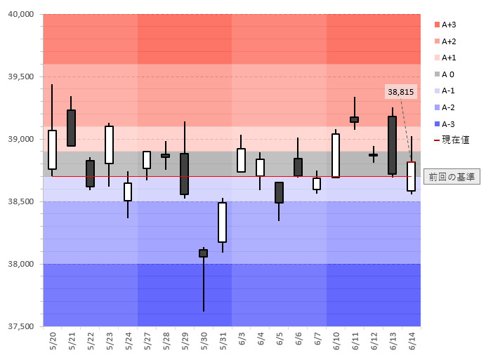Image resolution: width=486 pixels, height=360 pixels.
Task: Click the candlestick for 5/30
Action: [203, 253]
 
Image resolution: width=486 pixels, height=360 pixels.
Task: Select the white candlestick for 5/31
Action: [222, 222]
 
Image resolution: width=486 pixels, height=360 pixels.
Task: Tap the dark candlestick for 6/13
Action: [392, 145]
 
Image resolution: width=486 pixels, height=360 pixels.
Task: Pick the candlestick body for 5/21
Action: [71, 128]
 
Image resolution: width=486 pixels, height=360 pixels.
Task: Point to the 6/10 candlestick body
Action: [336, 156]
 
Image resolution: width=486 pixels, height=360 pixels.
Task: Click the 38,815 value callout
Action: [400, 92]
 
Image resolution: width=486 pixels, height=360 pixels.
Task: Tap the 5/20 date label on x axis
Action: [53, 342]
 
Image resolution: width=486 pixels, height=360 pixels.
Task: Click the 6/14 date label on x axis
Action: [412, 342]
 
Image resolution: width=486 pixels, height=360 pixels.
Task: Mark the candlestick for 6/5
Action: [279, 193]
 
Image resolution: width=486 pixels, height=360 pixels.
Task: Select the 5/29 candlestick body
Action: [184, 174]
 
